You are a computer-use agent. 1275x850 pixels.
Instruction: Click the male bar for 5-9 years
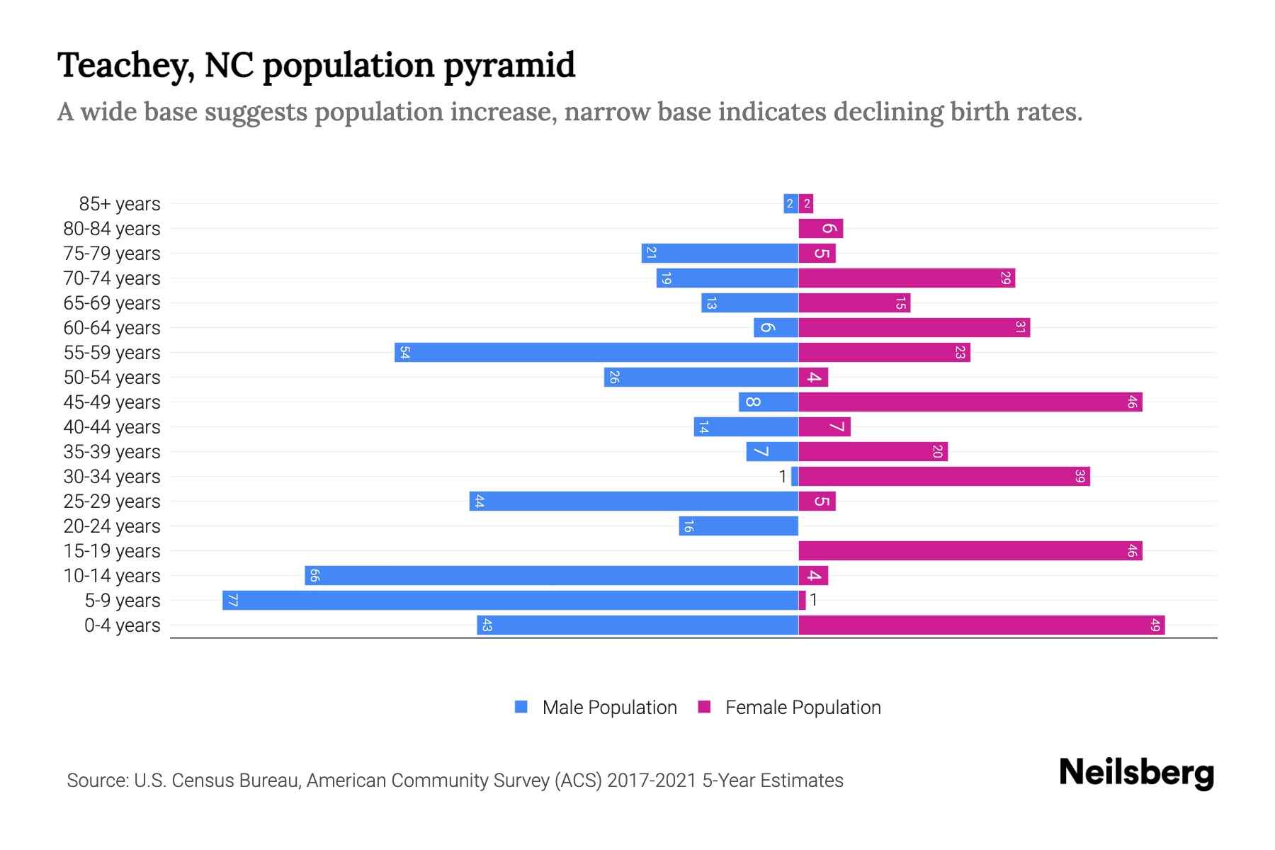(x=510, y=601)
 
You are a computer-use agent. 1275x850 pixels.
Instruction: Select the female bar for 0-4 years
(x=981, y=625)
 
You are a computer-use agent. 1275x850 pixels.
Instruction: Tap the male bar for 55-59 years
(x=596, y=353)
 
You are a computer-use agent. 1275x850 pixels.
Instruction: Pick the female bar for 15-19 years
(x=970, y=551)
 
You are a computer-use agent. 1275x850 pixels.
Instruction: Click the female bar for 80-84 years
(x=820, y=229)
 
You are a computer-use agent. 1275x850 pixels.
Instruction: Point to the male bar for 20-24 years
(x=739, y=526)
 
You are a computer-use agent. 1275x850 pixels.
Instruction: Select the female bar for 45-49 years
(x=970, y=402)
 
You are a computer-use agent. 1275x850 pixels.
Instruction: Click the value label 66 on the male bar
(x=315, y=576)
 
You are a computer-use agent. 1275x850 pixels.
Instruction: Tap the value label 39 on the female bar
(x=1079, y=477)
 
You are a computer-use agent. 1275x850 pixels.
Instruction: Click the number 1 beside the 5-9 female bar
(x=814, y=601)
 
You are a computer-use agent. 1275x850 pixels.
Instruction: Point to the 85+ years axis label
(x=119, y=204)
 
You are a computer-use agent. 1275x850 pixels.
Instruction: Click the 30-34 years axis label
(x=112, y=477)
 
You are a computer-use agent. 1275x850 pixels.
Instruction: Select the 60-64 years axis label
(x=112, y=328)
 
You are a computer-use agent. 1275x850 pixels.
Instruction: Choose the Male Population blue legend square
(x=521, y=707)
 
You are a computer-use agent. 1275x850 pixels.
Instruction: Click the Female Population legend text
(x=803, y=708)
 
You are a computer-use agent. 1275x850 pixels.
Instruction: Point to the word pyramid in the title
(x=509, y=65)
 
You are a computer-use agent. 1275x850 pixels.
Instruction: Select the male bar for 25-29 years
(x=634, y=501)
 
